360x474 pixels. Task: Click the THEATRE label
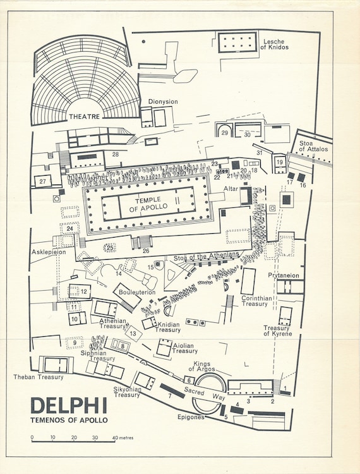pos(84,117)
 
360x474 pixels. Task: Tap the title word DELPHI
pos(69,405)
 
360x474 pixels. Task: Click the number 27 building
pos(42,181)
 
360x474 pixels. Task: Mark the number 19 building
pos(280,163)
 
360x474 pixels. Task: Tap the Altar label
pos(231,188)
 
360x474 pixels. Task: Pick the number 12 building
pos(80,291)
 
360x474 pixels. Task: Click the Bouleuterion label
pos(137,293)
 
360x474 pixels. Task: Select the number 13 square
pos(133,334)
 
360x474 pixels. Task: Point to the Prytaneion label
pos(284,276)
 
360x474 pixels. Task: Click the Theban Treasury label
pos(39,377)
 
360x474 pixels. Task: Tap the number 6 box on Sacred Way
pos(189,380)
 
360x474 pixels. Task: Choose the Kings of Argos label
pos(201,367)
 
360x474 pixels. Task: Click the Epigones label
pos(191,417)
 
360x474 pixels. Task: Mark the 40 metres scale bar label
pos(123,437)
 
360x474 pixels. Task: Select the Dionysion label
pos(163,102)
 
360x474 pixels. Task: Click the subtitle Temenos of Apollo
pos(69,420)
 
